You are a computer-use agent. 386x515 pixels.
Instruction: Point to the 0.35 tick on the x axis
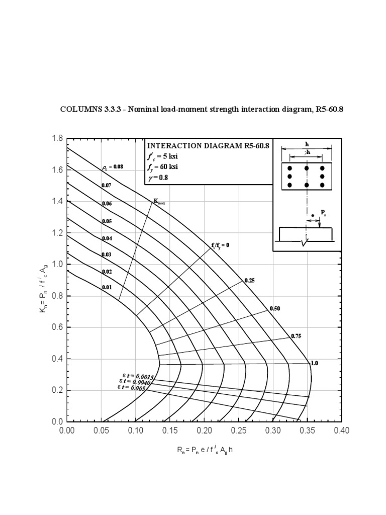[x=307, y=431]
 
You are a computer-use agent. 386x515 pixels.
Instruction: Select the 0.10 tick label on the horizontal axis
[x=136, y=431]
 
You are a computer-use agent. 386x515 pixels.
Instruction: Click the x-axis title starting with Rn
[x=205, y=450]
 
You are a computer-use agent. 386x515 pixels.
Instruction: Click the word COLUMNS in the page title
[x=78, y=109]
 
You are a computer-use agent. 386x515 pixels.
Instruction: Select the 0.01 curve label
[x=107, y=287]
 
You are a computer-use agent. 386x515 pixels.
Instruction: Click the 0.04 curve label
[x=107, y=238]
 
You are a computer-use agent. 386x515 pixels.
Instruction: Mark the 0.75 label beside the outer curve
[x=296, y=335]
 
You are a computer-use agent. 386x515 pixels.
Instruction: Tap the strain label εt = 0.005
[x=132, y=388]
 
